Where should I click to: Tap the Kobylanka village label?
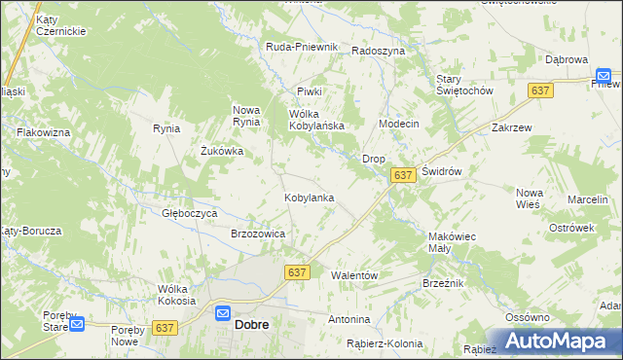coord(310,198)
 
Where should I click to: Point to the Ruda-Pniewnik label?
coord(302,47)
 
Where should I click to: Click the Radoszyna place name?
coord(379,51)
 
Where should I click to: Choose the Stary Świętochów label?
coord(464,84)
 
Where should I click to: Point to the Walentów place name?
coord(354,275)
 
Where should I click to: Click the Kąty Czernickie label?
coord(61,25)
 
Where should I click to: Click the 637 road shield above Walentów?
coord(298,273)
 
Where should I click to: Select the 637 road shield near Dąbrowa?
coord(542,90)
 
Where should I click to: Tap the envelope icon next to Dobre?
coord(223,314)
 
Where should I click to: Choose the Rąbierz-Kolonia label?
coord(385,343)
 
